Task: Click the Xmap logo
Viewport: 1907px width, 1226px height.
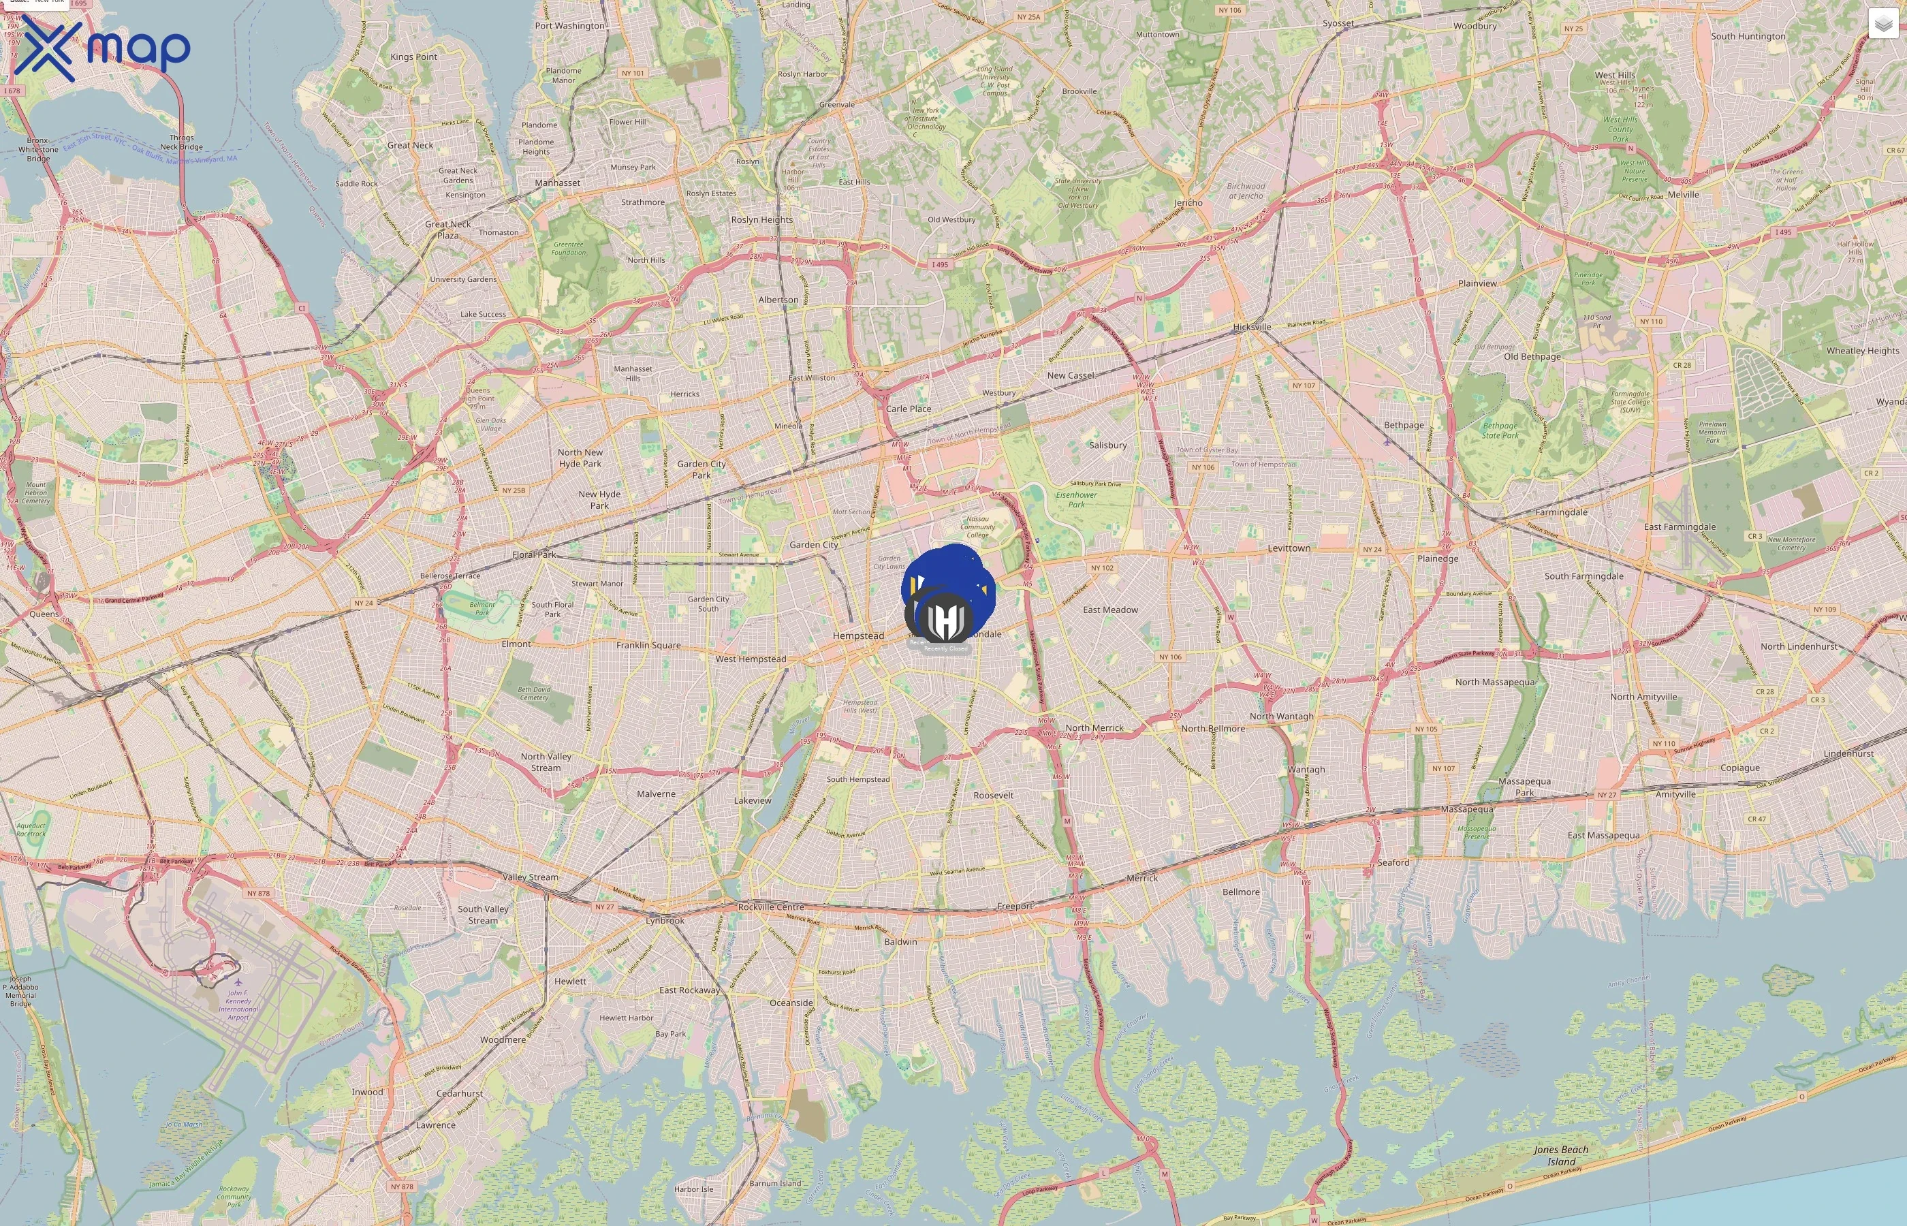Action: [x=102, y=48]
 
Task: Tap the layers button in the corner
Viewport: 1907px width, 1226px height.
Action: [x=1882, y=25]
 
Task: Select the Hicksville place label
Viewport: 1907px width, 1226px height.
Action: [x=1251, y=327]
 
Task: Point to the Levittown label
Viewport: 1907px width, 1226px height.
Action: [x=1289, y=548]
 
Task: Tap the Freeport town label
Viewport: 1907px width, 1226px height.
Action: [x=1015, y=906]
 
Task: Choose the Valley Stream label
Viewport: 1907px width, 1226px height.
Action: [x=530, y=877]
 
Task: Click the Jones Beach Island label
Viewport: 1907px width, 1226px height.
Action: [x=1561, y=1155]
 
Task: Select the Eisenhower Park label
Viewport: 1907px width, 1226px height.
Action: [x=1076, y=500]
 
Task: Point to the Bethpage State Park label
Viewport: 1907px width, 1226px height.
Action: [x=1500, y=430]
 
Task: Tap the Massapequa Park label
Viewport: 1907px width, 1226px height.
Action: [x=1524, y=787]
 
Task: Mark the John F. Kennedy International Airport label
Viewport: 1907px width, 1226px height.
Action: [x=238, y=1005]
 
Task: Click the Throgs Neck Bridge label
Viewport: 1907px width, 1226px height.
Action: [x=181, y=142]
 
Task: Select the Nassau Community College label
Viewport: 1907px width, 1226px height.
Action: [x=977, y=527]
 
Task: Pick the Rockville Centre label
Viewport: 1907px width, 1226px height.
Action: [x=770, y=907]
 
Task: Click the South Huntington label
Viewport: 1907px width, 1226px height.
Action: [x=1748, y=37]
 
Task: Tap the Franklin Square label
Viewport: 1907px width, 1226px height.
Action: [x=648, y=646]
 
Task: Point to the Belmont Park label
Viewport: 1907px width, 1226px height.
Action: [x=482, y=608]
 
